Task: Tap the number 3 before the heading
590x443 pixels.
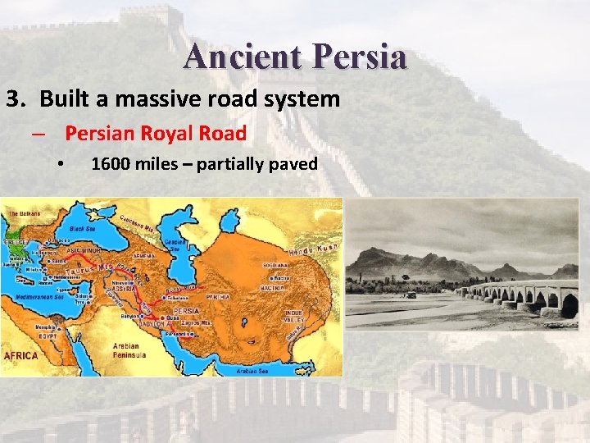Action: pos(14,100)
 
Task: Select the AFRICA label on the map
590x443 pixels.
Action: pos(21,356)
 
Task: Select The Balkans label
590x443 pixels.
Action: pos(25,214)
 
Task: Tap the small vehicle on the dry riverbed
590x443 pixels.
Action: pos(410,294)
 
